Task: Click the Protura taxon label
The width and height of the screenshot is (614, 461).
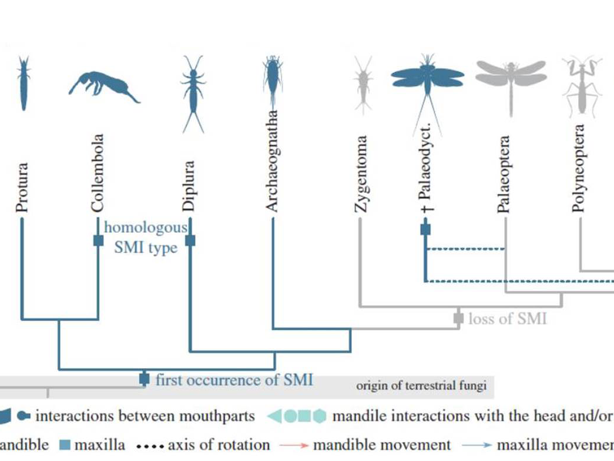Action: click(x=22, y=188)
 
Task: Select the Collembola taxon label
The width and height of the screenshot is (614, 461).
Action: click(x=98, y=173)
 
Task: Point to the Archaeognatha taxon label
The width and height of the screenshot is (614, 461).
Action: click(x=271, y=162)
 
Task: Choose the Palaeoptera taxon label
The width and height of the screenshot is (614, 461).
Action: click(x=504, y=175)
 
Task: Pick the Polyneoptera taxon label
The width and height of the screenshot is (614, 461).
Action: click(x=579, y=168)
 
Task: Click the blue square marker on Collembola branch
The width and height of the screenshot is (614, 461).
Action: click(x=99, y=240)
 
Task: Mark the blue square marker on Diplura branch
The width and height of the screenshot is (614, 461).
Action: click(x=190, y=240)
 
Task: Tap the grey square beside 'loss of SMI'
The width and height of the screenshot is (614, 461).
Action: click(x=459, y=319)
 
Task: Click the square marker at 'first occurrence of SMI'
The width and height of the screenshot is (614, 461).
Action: click(x=144, y=379)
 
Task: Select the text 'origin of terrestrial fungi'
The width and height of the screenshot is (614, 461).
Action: click(x=421, y=386)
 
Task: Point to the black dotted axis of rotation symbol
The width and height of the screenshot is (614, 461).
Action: click(x=149, y=446)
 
